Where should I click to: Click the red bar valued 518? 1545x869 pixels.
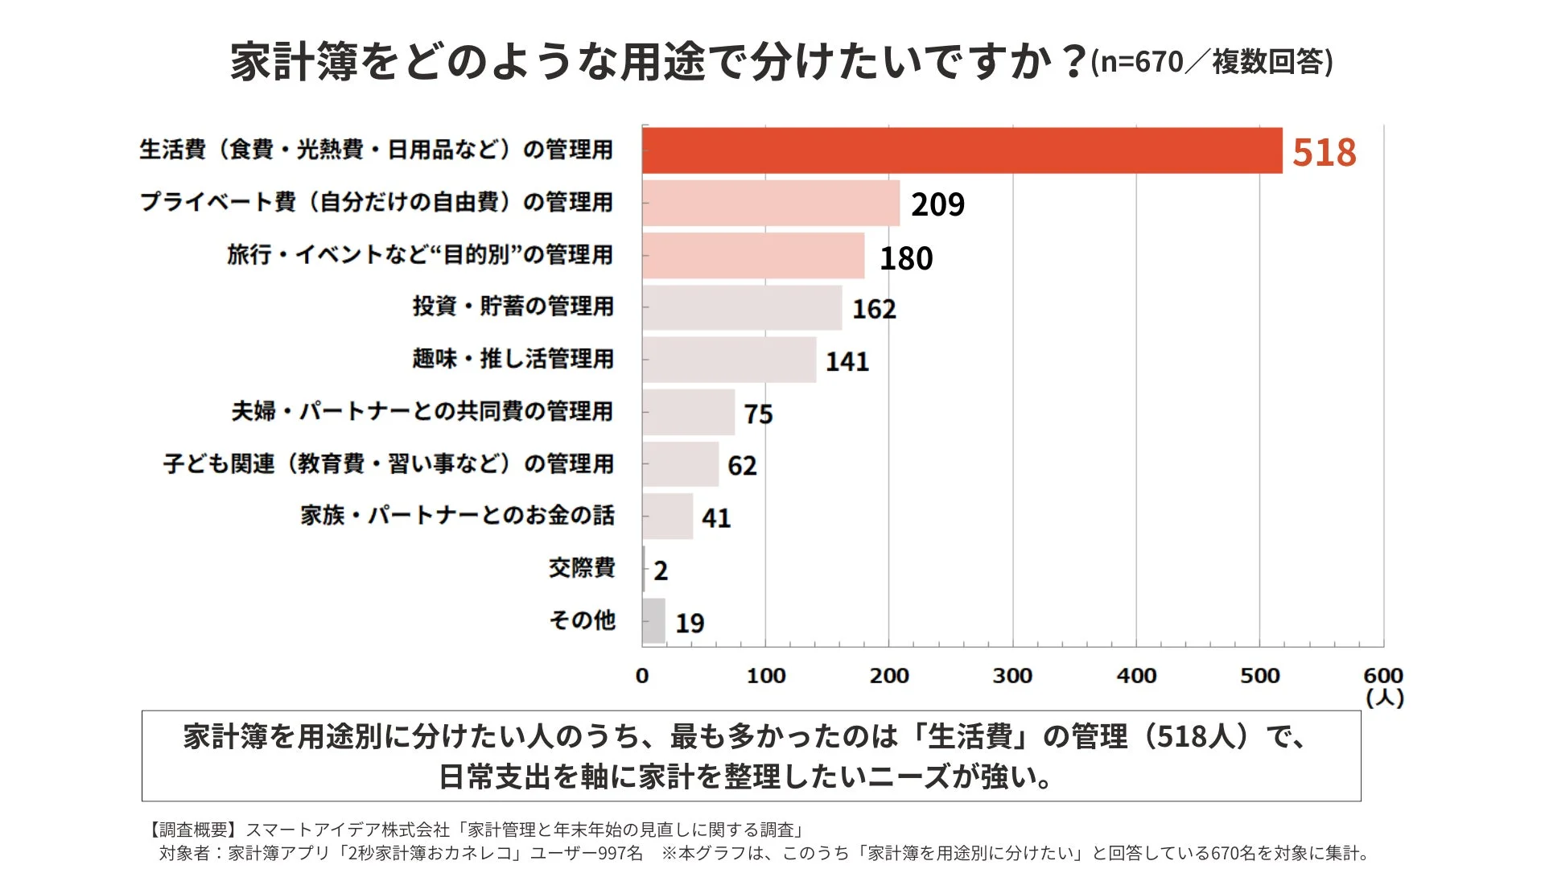[x=962, y=150]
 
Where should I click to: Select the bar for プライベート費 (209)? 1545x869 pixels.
[x=771, y=203]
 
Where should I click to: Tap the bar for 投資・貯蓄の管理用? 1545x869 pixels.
[x=742, y=307]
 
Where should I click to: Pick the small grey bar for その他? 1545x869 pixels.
[x=654, y=621]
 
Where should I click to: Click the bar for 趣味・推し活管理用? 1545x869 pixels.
[x=729, y=360]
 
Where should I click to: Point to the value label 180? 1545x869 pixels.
[x=906, y=258]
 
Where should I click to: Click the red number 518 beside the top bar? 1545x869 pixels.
[x=1324, y=152]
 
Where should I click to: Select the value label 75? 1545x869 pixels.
[x=758, y=414]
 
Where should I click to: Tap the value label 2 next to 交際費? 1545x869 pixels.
[x=661, y=570]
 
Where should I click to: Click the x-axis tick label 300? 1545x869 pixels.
[x=1012, y=676]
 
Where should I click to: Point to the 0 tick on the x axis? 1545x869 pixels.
[x=642, y=676]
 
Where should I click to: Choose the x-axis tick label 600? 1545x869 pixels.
[x=1382, y=675]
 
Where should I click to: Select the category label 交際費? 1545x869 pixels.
[x=582, y=568]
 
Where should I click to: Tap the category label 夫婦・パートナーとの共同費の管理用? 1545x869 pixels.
[x=422, y=411]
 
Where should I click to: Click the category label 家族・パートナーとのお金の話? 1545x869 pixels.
[x=457, y=515]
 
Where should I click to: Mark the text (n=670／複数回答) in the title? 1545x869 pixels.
[x=1212, y=62]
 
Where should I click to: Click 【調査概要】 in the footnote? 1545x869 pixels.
[x=194, y=830]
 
